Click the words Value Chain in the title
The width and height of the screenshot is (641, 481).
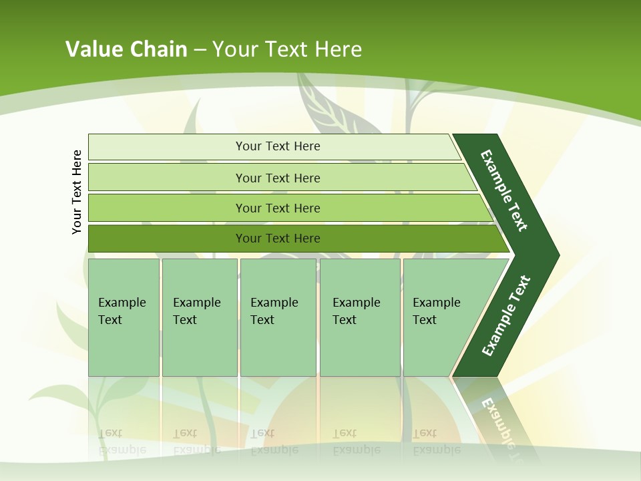[126, 49]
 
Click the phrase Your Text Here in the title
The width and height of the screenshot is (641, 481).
[287, 49]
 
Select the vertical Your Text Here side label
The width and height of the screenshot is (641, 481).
[77, 192]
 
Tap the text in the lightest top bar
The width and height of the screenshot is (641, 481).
[278, 146]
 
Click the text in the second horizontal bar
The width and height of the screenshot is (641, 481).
[278, 178]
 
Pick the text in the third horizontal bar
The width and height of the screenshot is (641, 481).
[278, 208]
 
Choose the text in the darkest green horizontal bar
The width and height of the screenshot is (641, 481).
[278, 238]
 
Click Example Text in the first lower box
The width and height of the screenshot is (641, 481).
[122, 311]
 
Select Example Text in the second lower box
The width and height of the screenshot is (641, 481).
[196, 311]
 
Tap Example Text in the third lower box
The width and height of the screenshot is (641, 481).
[274, 311]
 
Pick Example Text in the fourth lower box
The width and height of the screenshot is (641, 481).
[356, 311]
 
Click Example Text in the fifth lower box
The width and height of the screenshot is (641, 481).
[436, 311]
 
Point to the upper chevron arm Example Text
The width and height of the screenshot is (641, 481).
[504, 190]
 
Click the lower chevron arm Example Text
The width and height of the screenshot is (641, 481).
[506, 316]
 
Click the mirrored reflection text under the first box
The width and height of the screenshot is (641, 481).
[122, 441]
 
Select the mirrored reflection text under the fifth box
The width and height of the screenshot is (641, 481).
[436, 441]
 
